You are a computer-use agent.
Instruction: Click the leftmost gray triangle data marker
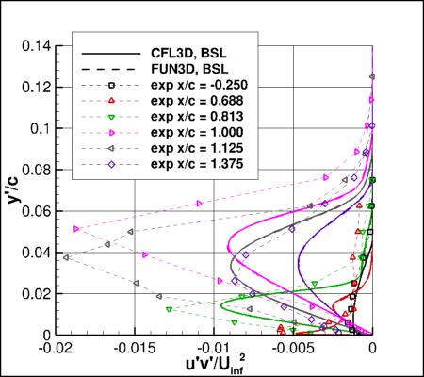pyautogui.click(x=66, y=257)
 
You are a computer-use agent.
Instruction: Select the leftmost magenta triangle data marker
pyautogui.click(x=76, y=228)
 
